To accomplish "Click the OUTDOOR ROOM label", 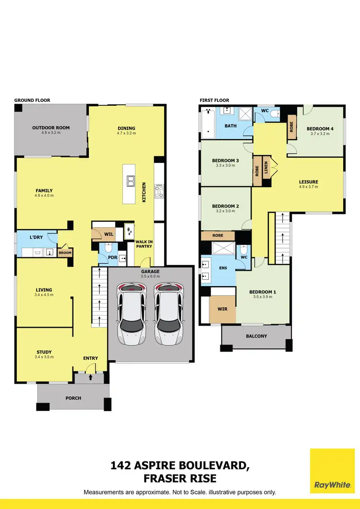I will tap(51, 128).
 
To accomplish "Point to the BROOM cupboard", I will tap(65, 252).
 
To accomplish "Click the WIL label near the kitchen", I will tap(108, 234).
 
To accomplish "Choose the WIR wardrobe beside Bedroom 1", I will tap(223, 309).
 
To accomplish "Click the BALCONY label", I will tap(256, 336).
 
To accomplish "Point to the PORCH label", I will tap(73, 398).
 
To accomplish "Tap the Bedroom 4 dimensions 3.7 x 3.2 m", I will tap(320, 134).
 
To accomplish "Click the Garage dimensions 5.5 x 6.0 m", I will tap(150, 277).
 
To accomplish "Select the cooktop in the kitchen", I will tap(159, 192).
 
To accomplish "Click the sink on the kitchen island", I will tap(131, 181).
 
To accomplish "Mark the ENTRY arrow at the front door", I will tap(91, 377).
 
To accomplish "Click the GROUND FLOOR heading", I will tap(32, 100).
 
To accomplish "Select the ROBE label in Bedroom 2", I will tap(217, 236).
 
